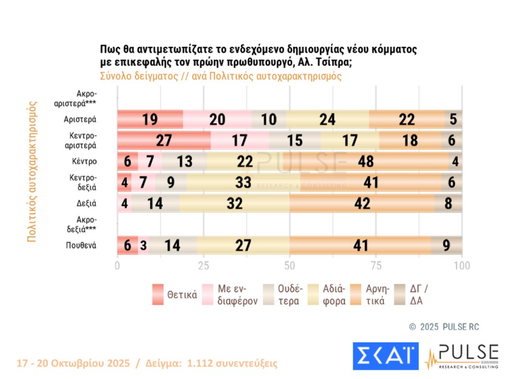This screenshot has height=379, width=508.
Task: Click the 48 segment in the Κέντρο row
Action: pos(367,161)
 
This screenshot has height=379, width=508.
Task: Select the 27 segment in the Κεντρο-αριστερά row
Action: pos(164,140)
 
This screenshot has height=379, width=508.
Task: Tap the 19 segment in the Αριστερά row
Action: pos(150,120)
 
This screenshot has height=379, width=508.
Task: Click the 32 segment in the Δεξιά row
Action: pos(235,203)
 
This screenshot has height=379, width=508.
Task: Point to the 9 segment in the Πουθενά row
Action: pos(447,245)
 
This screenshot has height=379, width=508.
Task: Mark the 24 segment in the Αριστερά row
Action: pos(328,120)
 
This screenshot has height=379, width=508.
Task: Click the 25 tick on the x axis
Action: pos(203,265)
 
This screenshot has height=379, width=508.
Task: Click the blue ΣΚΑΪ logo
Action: pos(385,356)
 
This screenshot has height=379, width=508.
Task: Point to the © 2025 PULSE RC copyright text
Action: pos(444,326)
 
